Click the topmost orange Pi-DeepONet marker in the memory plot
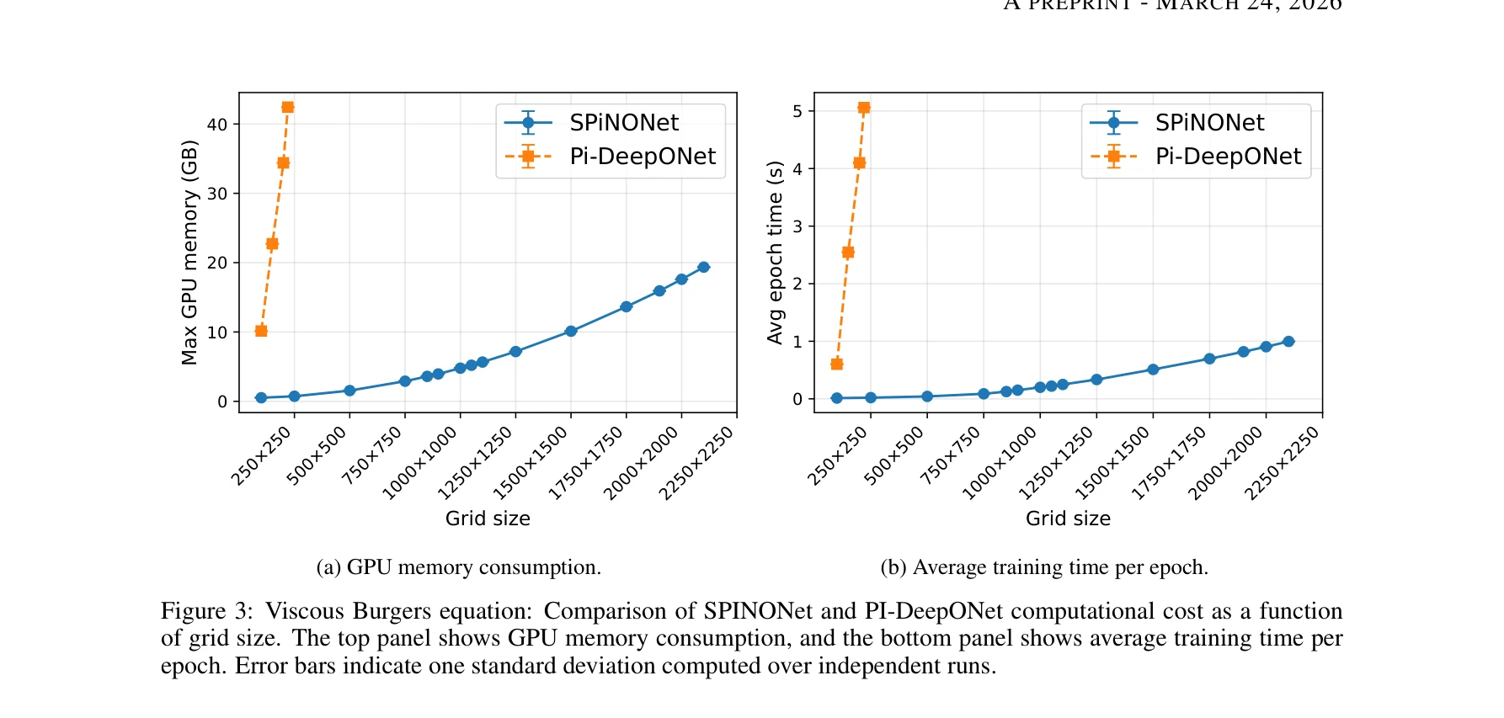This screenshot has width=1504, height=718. pyautogui.click(x=288, y=107)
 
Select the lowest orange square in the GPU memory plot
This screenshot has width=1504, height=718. pyautogui.click(x=261, y=331)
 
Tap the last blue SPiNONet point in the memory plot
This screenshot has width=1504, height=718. pyautogui.click(x=704, y=267)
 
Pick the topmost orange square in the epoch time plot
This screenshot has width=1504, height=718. pyautogui.click(x=864, y=108)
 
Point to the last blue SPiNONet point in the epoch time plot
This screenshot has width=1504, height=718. pyautogui.click(x=1288, y=341)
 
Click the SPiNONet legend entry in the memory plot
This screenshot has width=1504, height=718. pyautogui.click(x=623, y=123)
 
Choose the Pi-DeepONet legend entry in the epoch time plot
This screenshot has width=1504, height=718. pyautogui.click(x=1227, y=157)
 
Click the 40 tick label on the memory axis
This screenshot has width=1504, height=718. pyautogui.click(x=217, y=125)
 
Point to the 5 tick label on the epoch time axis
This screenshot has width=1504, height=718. pyautogui.click(x=797, y=111)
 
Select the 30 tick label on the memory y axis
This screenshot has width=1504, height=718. pyautogui.click(x=217, y=194)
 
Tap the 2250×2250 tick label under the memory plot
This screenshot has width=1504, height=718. pyautogui.click(x=697, y=463)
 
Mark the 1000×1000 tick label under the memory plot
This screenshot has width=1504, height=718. pyautogui.click(x=420, y=463)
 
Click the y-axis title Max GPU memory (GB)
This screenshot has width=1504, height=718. pyautogui.click(x=189, y=253)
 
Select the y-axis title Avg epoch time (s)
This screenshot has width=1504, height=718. pyautogui.click(x=775, y=253)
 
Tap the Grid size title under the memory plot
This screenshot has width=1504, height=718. pyautogui.click(x=488, y=519)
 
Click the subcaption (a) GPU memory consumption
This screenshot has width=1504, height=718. pyautogui.click(x=459, y=567)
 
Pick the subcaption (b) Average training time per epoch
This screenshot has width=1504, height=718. pyautogui.click(x=1044, y=567)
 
